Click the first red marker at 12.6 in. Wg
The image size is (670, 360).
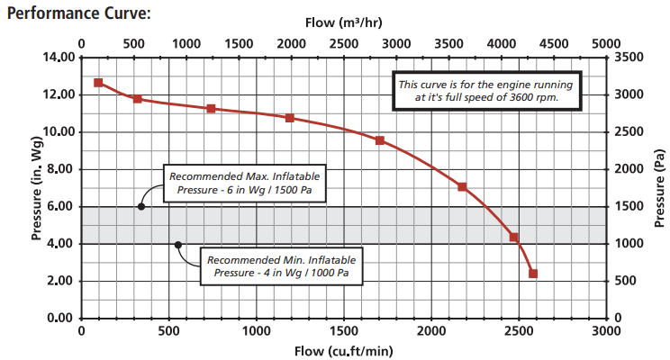point(99,83)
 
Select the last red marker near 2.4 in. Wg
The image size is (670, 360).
point(533,274)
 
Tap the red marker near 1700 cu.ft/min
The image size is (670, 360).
point(380,140)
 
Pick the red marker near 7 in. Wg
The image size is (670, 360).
point(462,187)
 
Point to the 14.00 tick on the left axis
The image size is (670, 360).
point(58,58)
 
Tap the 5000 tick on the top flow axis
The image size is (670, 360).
point(607,43)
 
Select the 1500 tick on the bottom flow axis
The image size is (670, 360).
point(344,331)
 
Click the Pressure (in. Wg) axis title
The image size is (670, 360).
point(37,187)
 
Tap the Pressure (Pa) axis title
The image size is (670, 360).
point(660,187)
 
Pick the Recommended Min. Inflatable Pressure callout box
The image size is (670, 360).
point(281,265)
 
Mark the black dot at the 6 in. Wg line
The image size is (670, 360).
point(141,206)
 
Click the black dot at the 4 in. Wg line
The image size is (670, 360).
point(177,244)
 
